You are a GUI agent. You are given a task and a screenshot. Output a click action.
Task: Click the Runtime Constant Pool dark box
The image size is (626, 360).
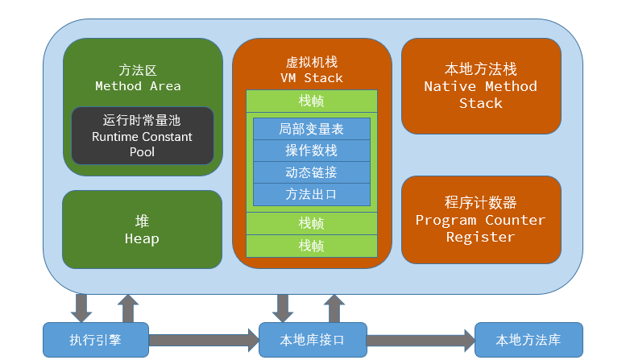click(x=143, y=135)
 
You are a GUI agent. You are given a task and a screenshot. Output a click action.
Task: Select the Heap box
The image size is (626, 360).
click(x=142, y=230)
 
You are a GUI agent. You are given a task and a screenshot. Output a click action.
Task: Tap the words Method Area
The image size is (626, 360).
click(x=138, y=86)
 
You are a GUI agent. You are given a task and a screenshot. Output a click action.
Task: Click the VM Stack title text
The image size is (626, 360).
click(x=312, y=78)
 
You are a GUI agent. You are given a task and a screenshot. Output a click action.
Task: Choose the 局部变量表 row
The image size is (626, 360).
click(x=312, y=129)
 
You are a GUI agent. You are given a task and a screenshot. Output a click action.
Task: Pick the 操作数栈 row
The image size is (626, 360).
click(x=312, y=151)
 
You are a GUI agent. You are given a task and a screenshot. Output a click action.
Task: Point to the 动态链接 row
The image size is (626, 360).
click(x=312, y=172)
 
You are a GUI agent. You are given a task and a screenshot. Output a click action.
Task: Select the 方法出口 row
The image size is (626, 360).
click(x=312, y=194)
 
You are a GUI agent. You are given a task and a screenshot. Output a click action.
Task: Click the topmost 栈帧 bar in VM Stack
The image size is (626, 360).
click(x=312, y=101)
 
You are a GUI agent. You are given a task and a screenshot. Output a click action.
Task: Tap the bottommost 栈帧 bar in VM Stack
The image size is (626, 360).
click(x=312, y=246)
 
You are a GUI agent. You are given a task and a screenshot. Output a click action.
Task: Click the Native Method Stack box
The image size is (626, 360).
click(x=481, y=86)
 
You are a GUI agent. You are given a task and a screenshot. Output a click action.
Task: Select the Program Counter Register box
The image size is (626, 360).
click(x=481, y=220)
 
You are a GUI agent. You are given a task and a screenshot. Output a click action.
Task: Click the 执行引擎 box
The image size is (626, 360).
click(x=96, y=340)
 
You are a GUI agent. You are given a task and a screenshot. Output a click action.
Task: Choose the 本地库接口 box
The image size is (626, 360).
click(x=313, y=340)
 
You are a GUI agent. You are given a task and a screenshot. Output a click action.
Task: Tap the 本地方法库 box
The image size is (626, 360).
click(x=529, y=340)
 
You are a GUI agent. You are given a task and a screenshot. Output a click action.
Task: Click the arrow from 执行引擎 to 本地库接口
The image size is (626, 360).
click(x=204, y=340)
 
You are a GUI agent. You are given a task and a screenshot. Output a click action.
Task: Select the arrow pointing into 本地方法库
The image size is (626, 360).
click(x=421, y=340)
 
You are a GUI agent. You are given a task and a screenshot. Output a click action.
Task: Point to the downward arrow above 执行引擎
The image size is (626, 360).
click(x=81, y=308)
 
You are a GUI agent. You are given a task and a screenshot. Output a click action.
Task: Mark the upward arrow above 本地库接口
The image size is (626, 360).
click(x=334, y=308)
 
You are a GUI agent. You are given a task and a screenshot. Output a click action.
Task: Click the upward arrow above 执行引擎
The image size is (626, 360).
click(x=128, y=308)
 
